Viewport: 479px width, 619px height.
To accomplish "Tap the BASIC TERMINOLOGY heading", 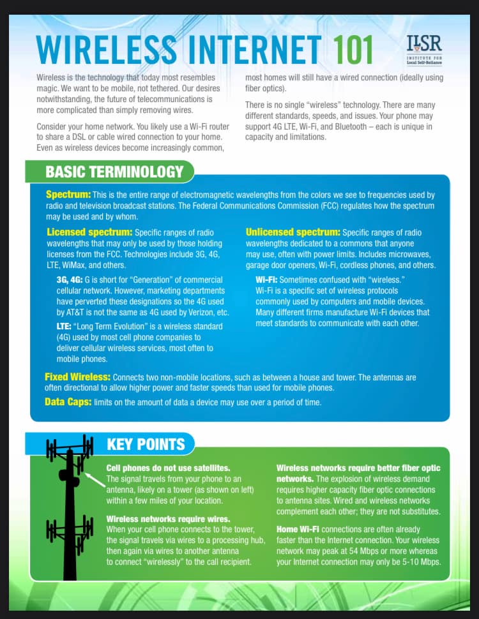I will (x=114, y=172).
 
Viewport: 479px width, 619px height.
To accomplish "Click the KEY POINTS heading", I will (x=146, y=445).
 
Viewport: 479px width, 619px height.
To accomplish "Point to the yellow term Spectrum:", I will (x=68, y=195).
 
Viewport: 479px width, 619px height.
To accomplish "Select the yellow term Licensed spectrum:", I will (x=89, y=232).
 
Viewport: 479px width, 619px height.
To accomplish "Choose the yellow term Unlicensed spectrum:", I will (x=293, y=232).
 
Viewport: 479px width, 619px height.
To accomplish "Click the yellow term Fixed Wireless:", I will (x=77, y=377).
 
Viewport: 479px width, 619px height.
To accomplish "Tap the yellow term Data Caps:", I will (x=68, y=402).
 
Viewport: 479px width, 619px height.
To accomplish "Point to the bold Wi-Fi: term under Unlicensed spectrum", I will (x=266, y=280).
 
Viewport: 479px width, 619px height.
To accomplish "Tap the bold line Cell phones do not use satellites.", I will (x=168, y=468).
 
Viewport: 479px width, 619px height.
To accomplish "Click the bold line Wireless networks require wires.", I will (x=168, y=519).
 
